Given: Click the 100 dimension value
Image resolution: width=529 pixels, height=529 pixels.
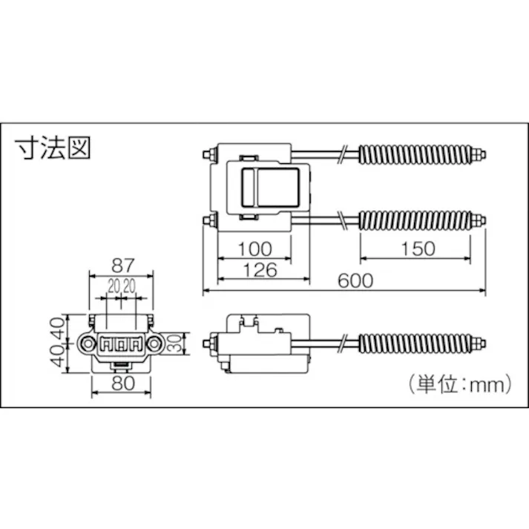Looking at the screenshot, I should tap(254, 249).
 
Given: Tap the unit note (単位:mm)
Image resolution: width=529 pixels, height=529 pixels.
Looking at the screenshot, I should tap(459, 384).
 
